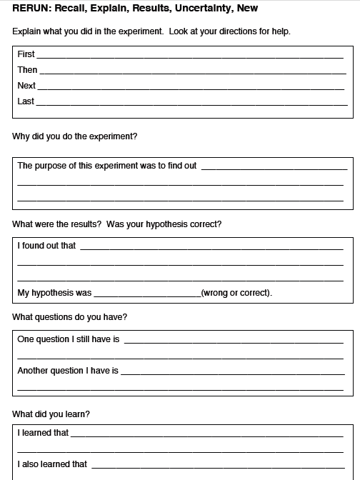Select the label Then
click(27, 70)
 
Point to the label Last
click(26, 101)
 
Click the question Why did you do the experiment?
click(75, 136)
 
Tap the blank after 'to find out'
click(272, 168)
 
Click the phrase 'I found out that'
click(46, 246)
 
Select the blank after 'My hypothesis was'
click(147, 294)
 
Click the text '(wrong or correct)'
click(236, 293)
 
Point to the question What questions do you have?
click(70, 316)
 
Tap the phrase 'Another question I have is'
click(68, 371)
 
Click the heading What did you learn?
click(51, 414)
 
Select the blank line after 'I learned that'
click(206, 434)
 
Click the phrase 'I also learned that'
click(52, 464)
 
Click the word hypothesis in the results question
click(167, 224)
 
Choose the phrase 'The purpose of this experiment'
click(77, 166)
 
